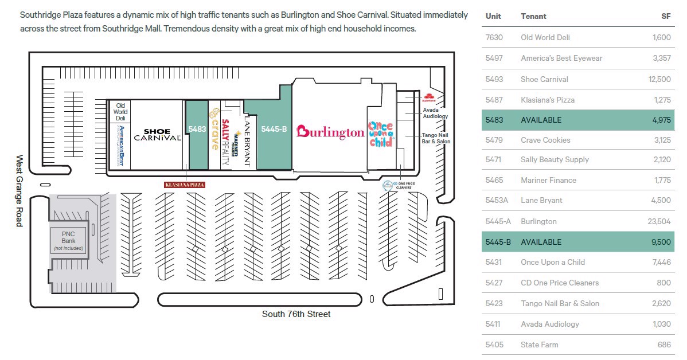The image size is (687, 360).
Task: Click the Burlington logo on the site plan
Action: tap(330, 132)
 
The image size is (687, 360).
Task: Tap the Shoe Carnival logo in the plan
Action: tap(157, 135)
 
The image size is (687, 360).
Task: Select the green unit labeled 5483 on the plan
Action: tap(197, 130)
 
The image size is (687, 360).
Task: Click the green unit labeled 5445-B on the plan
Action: tap(274, 130)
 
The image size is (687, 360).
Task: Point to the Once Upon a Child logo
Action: tap(381, 134)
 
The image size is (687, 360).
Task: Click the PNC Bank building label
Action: tap(68, 241)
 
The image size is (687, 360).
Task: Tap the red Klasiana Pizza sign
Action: tap(184, 185)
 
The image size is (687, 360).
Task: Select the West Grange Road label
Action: tap(19, 190)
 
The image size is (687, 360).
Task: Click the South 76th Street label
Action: tap(296, 314)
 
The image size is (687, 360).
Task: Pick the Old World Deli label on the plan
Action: tap(120, 112)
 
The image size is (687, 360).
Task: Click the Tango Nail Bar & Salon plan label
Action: tap(436, 138)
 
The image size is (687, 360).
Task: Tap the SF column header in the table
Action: tap(666, 17)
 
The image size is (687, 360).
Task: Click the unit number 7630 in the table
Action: tap(494, 37)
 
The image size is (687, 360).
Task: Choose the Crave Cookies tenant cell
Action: tap(545, 140)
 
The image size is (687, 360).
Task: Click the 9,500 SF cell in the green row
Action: tap(661, 242)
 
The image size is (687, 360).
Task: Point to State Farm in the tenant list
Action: tap(539, 345)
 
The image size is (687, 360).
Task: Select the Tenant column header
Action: tap(533, 17)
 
